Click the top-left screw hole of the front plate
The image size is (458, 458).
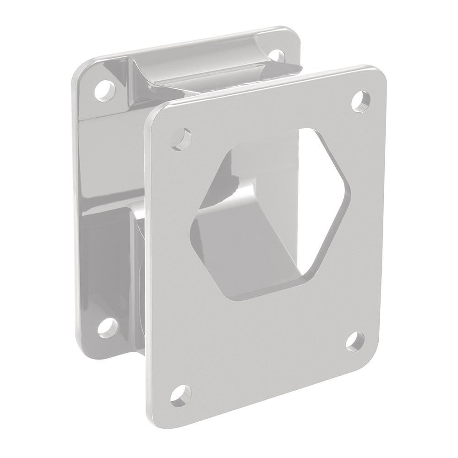183,138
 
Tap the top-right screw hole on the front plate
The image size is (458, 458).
362,100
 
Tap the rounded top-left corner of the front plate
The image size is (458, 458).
151,114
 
